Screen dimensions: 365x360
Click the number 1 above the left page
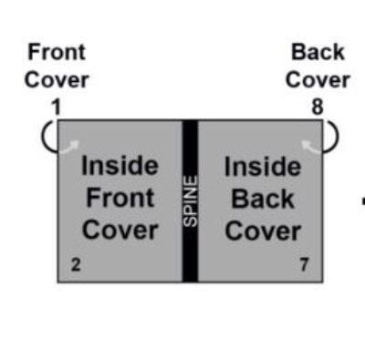56,107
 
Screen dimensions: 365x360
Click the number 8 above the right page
317,107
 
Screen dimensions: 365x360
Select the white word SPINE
190,201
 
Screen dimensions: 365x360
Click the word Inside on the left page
120,167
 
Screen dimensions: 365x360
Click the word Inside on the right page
262,167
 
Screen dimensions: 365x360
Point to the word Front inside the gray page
120,199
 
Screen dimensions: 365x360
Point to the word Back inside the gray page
262,199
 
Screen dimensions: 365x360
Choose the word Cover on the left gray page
120,231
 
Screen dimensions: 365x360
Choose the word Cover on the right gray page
262,231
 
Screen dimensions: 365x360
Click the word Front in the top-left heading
57,52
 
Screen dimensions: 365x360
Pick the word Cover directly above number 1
57,79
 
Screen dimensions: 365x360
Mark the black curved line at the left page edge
47,138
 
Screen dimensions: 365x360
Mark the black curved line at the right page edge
333,138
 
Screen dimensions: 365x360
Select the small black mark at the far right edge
362,201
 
